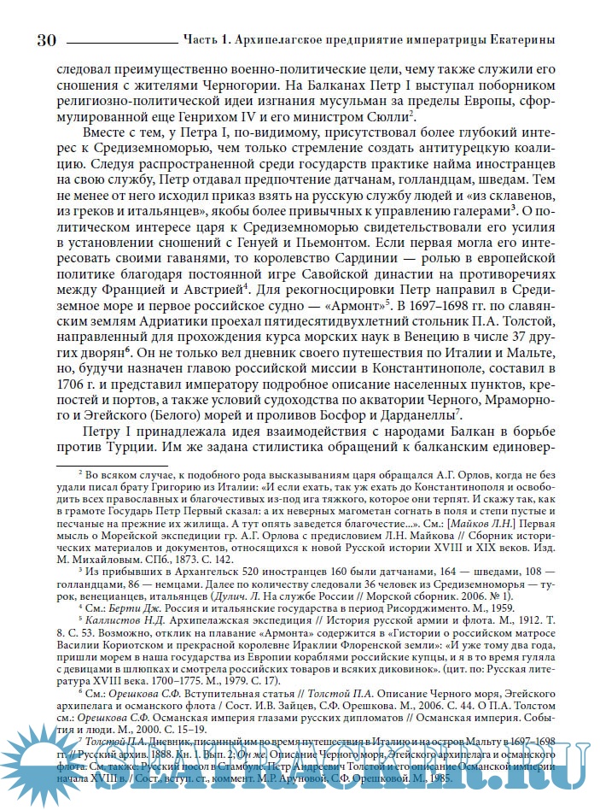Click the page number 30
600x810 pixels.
tap(46, 39)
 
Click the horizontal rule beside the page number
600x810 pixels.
tap(119, 41)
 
